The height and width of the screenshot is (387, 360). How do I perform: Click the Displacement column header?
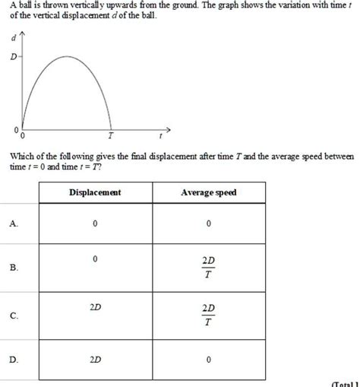(x=95, y=192)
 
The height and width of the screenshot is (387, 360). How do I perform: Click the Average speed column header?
(x=208, y=192)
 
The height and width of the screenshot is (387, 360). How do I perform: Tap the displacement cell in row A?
(x=95, y=224)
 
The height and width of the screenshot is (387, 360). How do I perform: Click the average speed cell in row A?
(x=208, y=224)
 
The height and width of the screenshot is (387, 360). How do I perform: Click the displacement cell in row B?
(x=95, y=260)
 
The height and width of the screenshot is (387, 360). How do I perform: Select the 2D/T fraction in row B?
(x=208, y=268)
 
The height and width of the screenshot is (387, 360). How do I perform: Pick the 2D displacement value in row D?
(x=96, y=360)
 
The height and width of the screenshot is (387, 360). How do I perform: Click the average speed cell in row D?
(x=208, y=360)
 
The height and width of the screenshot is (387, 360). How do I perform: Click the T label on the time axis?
(x=110, y=137)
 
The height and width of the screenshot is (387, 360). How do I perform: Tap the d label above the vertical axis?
(x=13, y=37)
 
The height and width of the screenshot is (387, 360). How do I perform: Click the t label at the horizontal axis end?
(x=161, y=137)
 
